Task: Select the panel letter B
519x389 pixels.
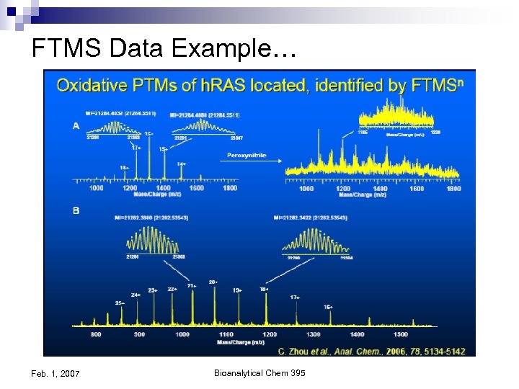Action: (77, 211)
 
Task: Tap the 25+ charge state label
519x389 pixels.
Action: (120, 303)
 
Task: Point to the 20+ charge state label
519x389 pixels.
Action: (213, 281)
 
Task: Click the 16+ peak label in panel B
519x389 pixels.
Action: (327, 307)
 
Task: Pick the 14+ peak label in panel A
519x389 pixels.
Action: (182, 164)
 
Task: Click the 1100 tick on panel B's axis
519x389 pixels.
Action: (225, 335)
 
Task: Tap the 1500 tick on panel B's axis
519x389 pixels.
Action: (400, 335)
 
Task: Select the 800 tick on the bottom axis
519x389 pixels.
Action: (96, 335)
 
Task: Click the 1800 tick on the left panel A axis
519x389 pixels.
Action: (229, 189)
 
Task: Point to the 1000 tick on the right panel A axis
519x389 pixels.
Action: (306, 189)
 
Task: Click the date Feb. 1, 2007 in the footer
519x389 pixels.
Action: (56, 372)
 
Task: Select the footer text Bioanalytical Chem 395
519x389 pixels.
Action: (259, 372)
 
